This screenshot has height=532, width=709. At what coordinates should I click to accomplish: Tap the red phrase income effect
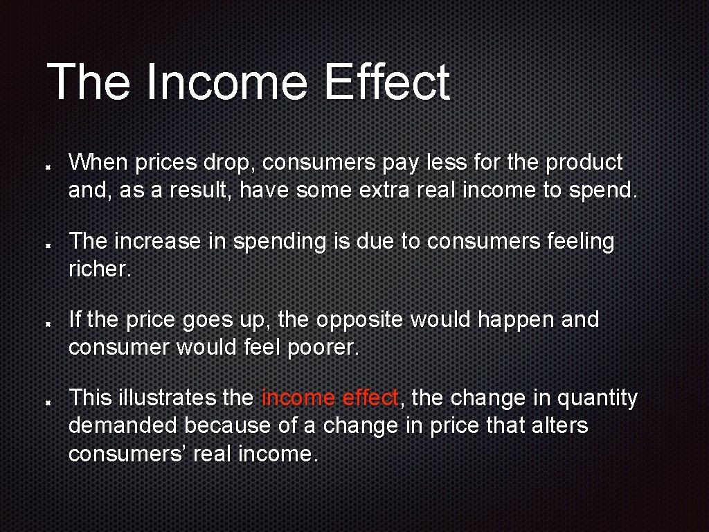pyautogui.click(x=330, y=398)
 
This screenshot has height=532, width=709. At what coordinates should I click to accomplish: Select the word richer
pyautogui.click(x=98, y=269)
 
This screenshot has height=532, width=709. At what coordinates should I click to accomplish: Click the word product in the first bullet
pyautogui.click(x=584, y=163)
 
